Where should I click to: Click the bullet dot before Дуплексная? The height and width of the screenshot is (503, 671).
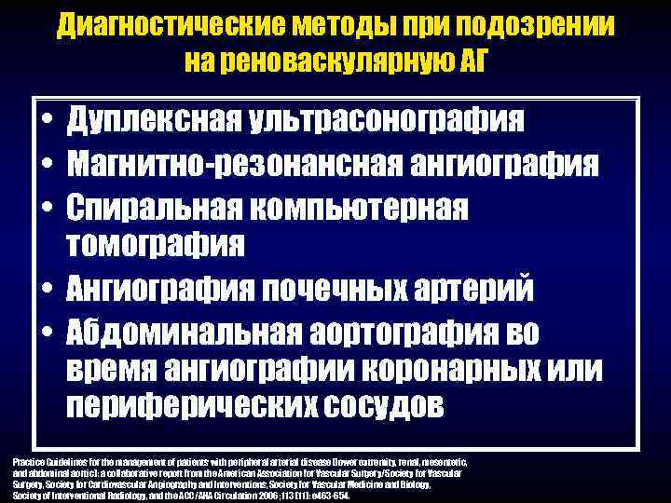point(45,122)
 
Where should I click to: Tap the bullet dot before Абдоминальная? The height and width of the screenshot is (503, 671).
point(45,331)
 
